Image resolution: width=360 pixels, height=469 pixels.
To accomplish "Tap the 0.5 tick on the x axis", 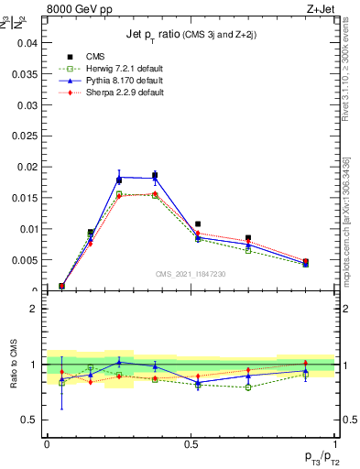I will [191, 444].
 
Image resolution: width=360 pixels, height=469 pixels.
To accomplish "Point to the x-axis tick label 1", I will [336, 444].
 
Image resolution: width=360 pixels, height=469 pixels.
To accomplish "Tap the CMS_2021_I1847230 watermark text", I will [191, 275].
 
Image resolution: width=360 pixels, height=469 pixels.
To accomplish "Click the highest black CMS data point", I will [155, 176].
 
